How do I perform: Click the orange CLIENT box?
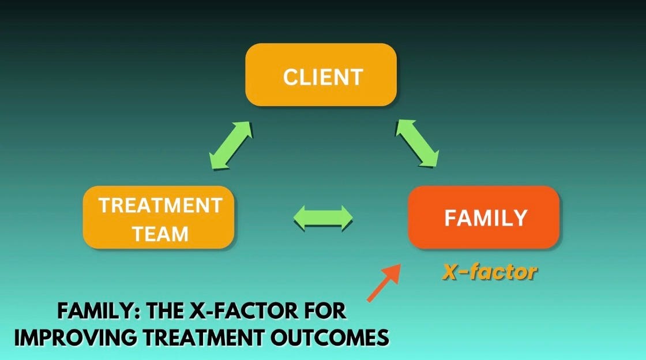click(321, 74)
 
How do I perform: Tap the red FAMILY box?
click(483, 217)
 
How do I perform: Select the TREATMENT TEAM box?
click(159, 218)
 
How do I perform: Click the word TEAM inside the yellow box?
click(160, 234)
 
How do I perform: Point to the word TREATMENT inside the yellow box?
click(160, 205)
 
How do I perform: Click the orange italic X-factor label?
click(489, 272)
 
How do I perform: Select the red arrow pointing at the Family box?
click(384, 282)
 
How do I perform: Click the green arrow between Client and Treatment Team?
click(231, 145)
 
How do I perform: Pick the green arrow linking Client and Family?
click(416, 143)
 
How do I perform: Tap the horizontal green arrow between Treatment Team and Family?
click(323, 217)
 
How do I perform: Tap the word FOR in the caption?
click(324, 312)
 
